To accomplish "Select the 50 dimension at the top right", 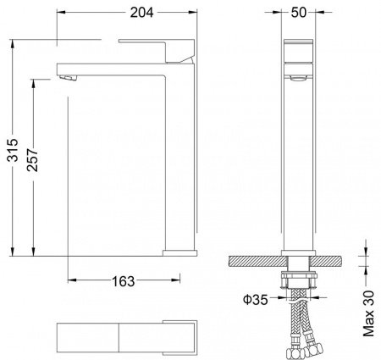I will pyautogui.click(x=299, y=13).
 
